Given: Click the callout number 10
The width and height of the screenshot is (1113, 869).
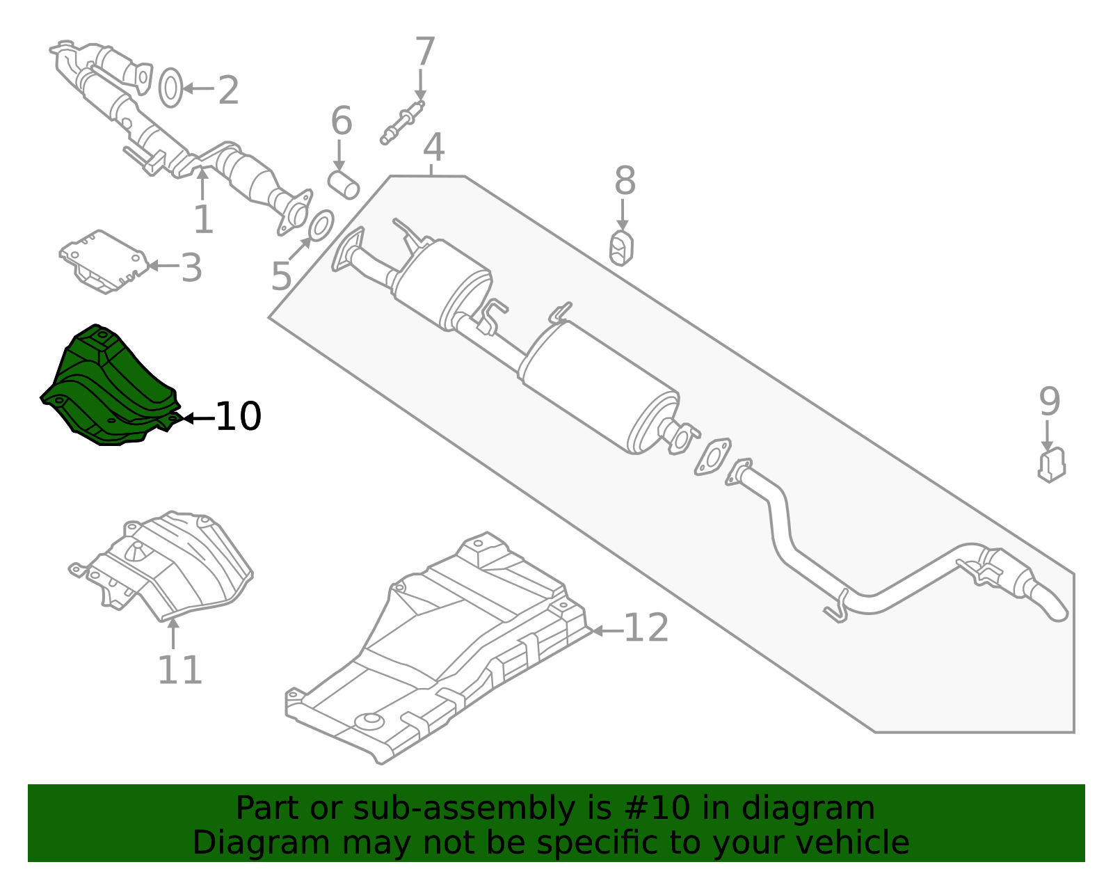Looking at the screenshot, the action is [239, 416].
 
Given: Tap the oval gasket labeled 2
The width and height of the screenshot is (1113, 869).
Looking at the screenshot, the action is [170, 88].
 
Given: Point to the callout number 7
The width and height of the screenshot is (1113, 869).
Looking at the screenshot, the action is [424, 51].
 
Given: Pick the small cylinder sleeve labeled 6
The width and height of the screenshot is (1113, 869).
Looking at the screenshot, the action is [344, 185].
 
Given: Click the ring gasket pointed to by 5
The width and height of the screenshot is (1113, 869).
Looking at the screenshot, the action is [321, 224].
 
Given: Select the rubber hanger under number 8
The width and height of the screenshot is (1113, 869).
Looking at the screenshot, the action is [621, 248].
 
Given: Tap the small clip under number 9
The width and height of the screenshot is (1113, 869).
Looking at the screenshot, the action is [1052, 465].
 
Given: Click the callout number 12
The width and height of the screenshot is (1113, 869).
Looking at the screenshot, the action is [646, 628].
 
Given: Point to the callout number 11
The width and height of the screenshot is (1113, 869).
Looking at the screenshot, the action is [179, 670].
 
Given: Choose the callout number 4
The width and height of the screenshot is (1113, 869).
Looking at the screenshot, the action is [433, 147].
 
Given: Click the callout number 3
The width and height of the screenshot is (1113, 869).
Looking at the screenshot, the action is [191, 267].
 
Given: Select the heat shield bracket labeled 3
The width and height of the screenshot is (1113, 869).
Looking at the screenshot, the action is [104, 262].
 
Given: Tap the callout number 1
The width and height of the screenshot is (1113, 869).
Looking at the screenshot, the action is [203, 219].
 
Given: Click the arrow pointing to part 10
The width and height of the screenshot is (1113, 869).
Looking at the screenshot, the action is [199, 418].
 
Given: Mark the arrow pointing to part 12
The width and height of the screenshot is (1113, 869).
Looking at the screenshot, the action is [607, 631].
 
